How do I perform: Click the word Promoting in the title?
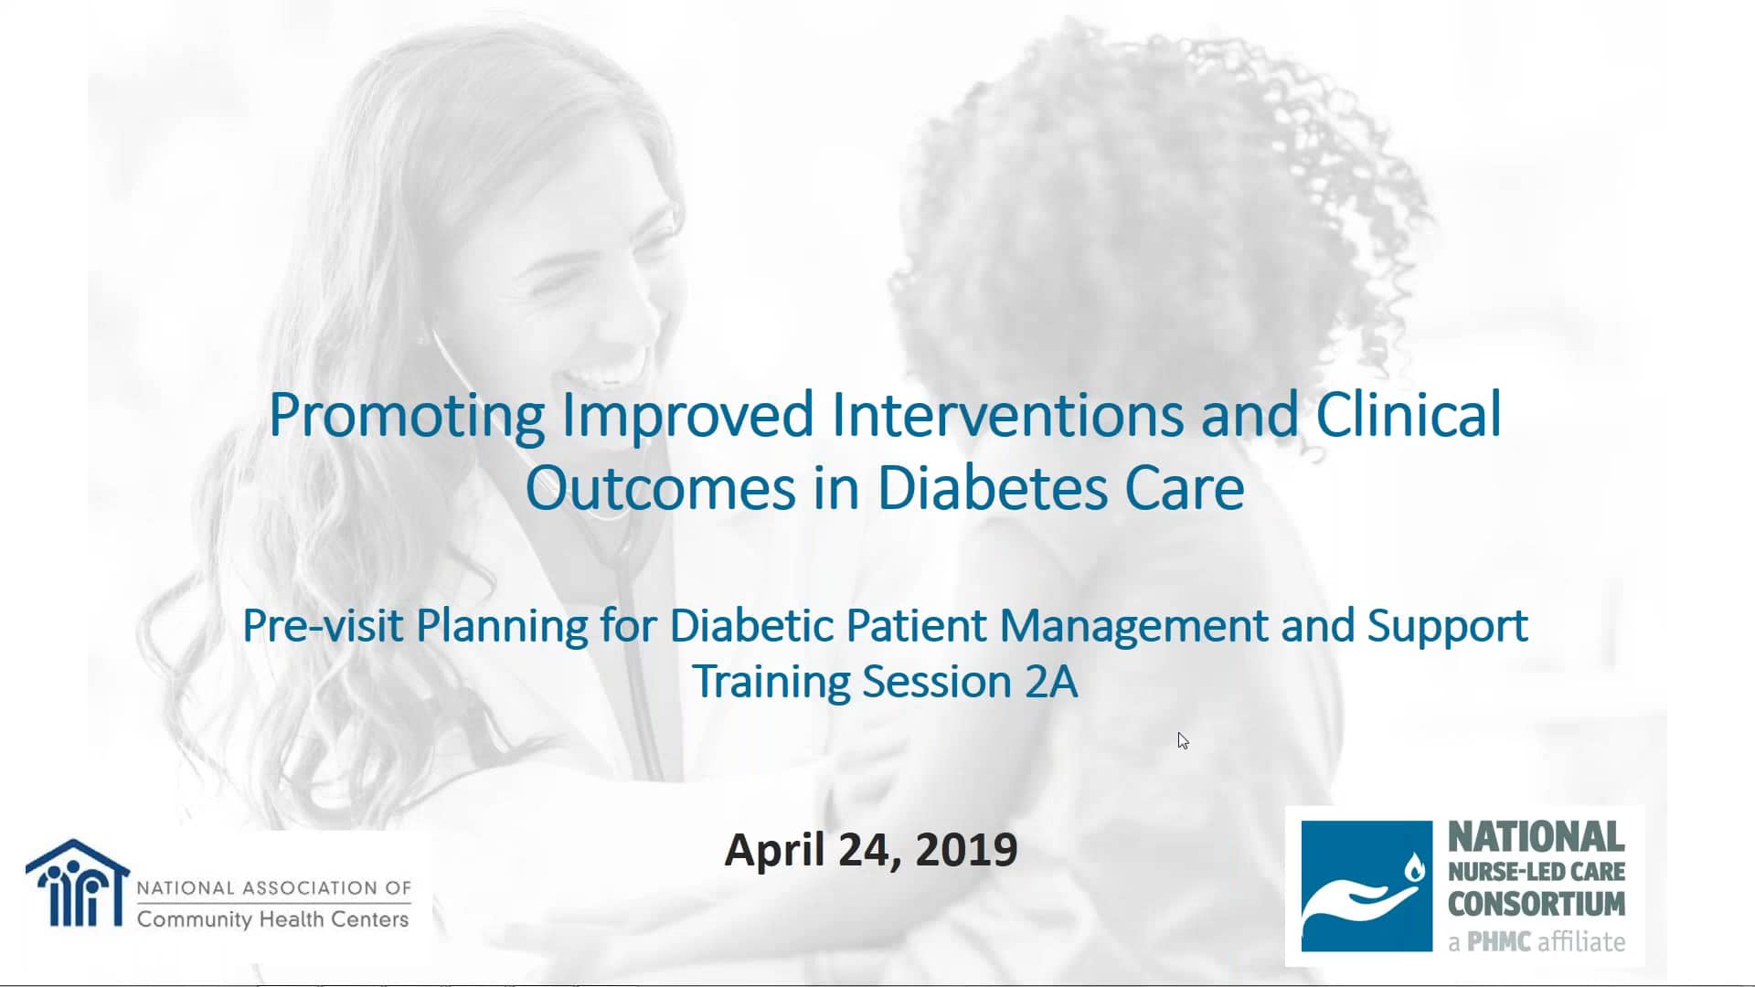click(x=407, y=417)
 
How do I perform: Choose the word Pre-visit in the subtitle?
click(x=323, y=626)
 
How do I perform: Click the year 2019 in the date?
click(x=966, y=849)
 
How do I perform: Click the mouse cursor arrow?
click(x=1183, y=740)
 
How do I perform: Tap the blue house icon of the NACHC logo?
click(x=78, y=883)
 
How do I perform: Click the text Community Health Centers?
click(x=272, y=919)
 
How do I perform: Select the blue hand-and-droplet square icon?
click(x=1367, y=886)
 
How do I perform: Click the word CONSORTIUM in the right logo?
click(x=1537, y=904)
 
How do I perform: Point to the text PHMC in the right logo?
click(x=1499, y=941)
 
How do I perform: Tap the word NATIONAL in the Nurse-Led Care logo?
click(x=1537, y=836)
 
